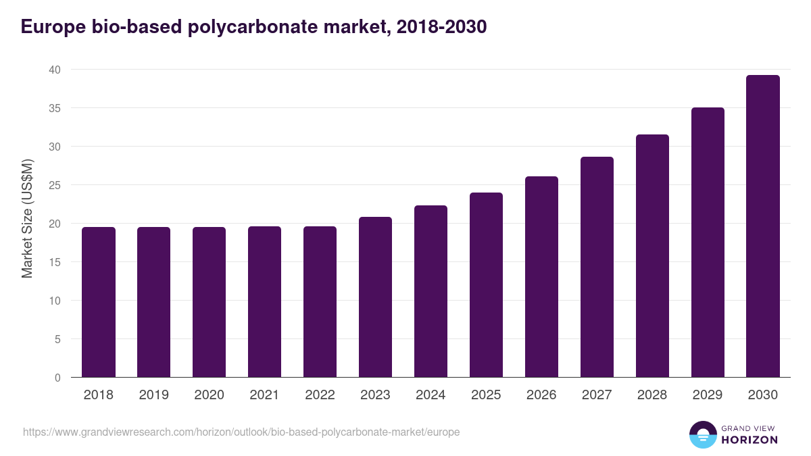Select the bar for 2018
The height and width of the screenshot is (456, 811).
(x=99, y=302)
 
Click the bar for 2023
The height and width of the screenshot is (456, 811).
(x=375, y=297)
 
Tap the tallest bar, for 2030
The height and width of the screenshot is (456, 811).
(x=763, y=226)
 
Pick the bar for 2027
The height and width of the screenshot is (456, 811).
(x=597, y=267)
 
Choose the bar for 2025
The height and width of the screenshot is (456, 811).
(x=486, y=285)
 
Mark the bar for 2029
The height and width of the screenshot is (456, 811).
(x=708, y=243)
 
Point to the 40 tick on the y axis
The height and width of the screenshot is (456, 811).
(x=54, y=70)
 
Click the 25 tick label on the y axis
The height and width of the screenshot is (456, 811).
(x=54, y=185)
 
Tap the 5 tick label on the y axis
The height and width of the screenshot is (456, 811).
(x=57, y=339)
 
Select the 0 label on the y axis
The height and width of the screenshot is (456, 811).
(x=57, y=378)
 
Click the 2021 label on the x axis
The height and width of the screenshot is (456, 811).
(x=264, y=395)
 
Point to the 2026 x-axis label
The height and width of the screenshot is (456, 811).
(x=541, y=395)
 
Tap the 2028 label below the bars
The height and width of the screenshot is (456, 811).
(x=652, y=395)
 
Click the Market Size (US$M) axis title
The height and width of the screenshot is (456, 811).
(x=27, y=218)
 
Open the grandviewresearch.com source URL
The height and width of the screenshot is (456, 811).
(x=241, y=432)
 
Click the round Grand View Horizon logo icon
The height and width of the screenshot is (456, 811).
(x=702, y=435)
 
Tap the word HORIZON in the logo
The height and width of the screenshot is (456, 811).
(x=749, y=440)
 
